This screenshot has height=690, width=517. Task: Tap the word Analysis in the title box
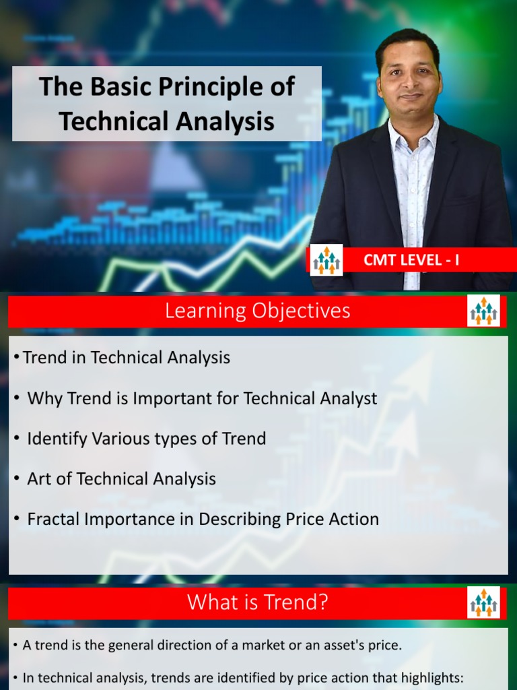pos(226,121)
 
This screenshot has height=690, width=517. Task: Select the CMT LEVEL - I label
pos(411,260)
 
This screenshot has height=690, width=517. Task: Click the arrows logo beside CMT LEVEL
pos(327,260)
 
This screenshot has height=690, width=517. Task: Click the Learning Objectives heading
pos(258,311)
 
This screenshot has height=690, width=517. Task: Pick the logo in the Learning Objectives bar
pos(483,311)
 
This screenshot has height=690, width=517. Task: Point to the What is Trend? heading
pos(258,602)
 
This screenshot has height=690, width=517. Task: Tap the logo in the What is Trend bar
pos(483,602)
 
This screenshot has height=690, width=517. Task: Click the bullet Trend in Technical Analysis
pos(127,358)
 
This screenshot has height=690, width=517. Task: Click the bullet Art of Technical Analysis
pos(121,479)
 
